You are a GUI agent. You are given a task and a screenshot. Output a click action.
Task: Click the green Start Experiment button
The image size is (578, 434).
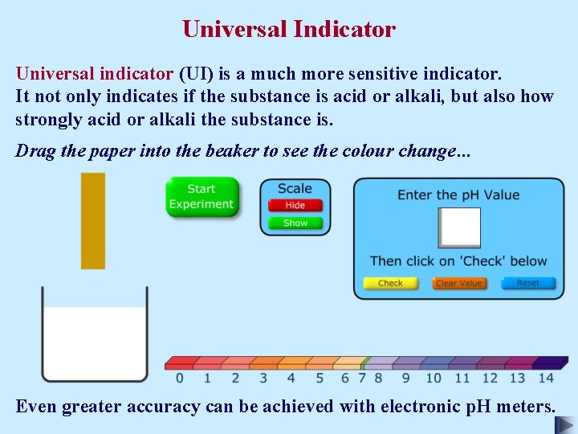click(x=201, y=197)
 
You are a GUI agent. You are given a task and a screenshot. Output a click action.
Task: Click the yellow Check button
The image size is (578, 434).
click(x=390, y=283)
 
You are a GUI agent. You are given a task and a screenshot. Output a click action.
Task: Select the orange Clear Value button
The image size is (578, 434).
click(x=458, y=283)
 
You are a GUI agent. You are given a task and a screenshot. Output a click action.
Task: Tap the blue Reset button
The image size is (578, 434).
click(x=527, y=283)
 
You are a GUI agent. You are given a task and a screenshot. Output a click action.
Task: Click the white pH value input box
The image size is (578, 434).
click(x=459, y=227)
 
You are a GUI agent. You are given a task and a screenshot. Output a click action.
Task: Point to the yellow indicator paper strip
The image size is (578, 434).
click(x=93, y=221)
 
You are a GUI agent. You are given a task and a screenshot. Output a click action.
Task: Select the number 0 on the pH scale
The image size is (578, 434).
click(x=179, y=378)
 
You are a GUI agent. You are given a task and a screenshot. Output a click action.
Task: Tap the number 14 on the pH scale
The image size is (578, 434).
click(x=546, y=378)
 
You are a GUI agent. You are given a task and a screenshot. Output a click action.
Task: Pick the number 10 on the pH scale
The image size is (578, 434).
click(x=433, y=378)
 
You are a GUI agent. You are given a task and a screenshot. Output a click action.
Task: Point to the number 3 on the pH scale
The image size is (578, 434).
click(x=263, y=378)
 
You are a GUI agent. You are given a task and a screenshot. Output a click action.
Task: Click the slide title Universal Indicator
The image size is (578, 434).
click(x=289, y=30)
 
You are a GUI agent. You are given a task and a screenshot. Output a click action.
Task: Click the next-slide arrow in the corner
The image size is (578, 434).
click(x=565, y=424)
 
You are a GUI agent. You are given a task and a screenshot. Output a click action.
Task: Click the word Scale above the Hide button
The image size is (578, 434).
click(x=295, y=189)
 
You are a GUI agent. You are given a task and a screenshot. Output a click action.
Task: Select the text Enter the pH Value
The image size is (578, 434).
click(x=458, y=195)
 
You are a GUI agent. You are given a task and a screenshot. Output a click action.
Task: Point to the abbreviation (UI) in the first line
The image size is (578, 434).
click(x=195, y=74)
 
